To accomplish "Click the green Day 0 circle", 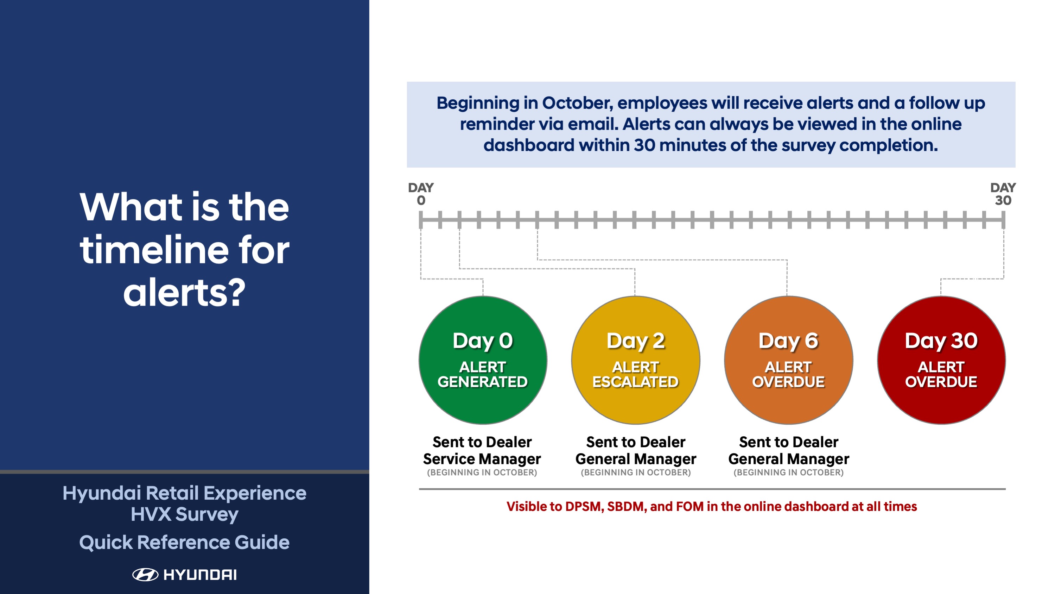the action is (x=483, y=360).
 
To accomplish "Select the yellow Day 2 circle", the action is (x=636, y=360).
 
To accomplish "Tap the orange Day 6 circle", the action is (x=788, y=360).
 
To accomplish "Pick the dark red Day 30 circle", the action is (x=941, y=360).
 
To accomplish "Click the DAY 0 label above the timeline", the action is (x=421, y=194).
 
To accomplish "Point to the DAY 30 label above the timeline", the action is (x=1003, y=194).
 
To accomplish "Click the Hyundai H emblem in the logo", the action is (x=145, y=575).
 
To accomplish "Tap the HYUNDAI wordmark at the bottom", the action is (x=200, y=575).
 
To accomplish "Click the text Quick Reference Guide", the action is (x=184, y=542).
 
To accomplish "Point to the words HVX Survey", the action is (x=184, y=514).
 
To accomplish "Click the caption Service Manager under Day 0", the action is (x=482, y=459).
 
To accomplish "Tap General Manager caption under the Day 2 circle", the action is (x=636, y=459).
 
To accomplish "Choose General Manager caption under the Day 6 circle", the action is (x=788, y=459).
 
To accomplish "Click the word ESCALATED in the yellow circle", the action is (x=636, y=382).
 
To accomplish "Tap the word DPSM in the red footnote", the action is (x=583, y=507).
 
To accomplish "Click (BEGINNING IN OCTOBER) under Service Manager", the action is (x=482, y=473).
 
